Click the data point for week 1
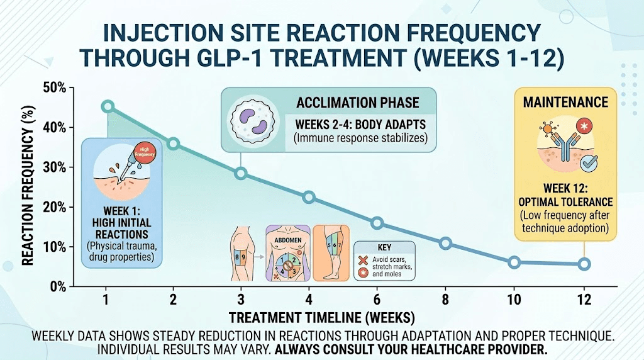pos(108,106)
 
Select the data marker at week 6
pos(377,223)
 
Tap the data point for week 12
pos(584,264)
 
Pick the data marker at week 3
pos(241,174)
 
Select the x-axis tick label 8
pos(446,300)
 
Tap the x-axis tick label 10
pos(514,300)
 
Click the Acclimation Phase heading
pos(357,103)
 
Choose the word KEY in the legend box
pos(384,248)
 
